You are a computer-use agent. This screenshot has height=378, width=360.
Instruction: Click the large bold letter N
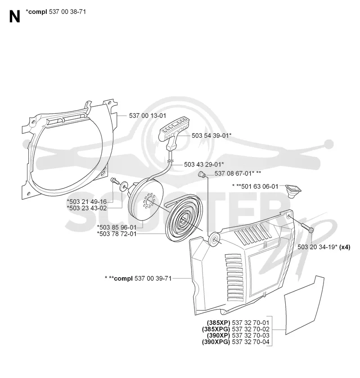[14, 17]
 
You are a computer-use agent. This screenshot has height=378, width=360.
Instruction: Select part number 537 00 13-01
[147, 116]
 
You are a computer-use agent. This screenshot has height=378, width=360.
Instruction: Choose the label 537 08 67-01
[233, 173]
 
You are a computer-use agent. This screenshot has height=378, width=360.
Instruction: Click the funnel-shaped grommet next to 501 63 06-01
[293, 191]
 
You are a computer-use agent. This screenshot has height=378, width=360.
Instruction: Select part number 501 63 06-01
[260, 186]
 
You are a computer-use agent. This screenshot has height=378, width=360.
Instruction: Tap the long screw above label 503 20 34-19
[307, 228]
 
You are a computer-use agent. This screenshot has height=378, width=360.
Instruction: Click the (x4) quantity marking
[345, 247]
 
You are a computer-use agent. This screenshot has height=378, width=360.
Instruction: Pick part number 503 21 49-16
[88, 202]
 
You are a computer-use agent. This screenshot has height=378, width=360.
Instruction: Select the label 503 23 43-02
[88, 208]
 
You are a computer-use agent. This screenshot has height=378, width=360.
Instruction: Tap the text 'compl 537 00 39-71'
[143, 279]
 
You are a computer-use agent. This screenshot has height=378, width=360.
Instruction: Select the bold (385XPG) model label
[216, 329]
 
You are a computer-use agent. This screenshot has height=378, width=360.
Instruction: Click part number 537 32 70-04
[251, 342]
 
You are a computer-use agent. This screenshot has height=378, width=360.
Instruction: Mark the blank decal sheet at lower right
[304, 306]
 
